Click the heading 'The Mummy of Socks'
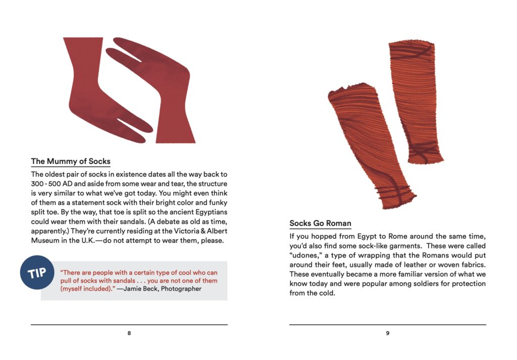[x=71, y=162]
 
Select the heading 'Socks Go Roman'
[x=320, y=223]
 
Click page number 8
[x=129, y=333]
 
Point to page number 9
[x=387, y=333]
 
